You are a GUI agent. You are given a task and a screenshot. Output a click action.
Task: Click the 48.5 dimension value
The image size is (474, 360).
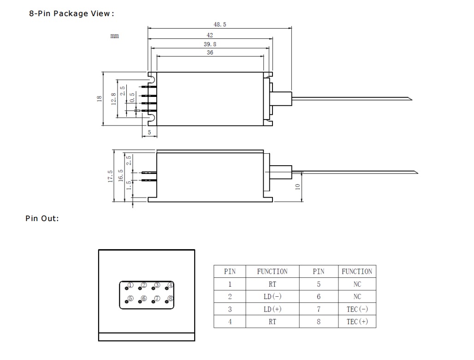(x=219, y=24)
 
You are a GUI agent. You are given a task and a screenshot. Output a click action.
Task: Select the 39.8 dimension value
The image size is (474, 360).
(x=210, y=44)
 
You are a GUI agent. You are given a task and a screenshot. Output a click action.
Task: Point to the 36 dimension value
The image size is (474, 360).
(x=210, y=53)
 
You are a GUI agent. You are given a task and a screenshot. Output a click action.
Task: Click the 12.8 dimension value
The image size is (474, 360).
(x=113, y=99)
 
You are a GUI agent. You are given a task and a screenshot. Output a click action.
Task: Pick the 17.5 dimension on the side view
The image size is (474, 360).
(x=110, y=175)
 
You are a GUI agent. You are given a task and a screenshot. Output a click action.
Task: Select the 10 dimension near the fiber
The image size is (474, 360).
(x=298, y=186)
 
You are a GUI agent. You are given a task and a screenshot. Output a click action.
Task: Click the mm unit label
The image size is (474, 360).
(x=114, y=36)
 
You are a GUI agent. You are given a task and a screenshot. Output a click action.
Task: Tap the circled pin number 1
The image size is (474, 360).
(x=130, y=285)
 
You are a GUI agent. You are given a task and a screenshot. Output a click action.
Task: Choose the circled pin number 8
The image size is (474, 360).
(x=171, y=299)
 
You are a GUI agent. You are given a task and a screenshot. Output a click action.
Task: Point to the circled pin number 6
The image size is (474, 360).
(x=144, y=299)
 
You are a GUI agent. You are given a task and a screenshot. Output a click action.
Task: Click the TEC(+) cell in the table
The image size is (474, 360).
(x=357, y=322)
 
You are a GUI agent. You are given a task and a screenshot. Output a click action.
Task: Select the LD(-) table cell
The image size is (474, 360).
(x=272, y=297)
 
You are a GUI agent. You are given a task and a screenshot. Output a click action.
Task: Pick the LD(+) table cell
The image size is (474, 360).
(x=272, y=309)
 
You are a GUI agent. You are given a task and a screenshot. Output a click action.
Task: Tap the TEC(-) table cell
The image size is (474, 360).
(x=357, y=309)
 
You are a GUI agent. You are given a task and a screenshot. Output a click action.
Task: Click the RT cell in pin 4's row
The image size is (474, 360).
(x=272, y=322)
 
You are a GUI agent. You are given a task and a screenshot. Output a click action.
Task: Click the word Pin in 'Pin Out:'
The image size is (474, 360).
(x=31, y=218)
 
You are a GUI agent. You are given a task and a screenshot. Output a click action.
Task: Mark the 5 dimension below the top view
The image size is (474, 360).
(x=149, y=132)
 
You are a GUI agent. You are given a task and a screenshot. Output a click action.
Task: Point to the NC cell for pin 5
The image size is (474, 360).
(x=357, y=284)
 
